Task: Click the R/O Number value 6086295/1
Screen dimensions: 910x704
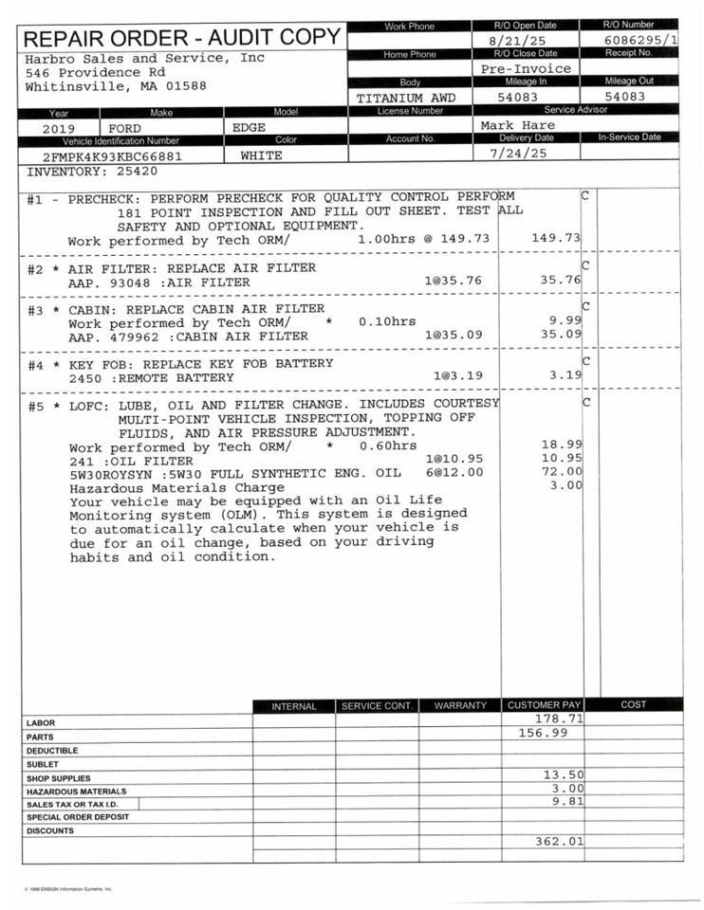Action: pos(640,41)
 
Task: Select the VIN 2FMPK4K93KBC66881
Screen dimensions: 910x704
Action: pos(112,155)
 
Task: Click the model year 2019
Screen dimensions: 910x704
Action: pos(59,128)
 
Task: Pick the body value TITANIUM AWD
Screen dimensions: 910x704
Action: pos(406,98)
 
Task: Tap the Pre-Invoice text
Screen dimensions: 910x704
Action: pos(526,68)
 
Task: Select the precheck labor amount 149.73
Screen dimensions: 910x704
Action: pos(556,239)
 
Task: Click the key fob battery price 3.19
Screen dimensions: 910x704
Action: pos(565,375)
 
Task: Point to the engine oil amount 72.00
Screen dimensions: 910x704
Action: pos(561,472)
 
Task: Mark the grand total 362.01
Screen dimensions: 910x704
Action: pos(558,841)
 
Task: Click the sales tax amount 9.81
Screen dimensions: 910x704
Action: pos(565,801)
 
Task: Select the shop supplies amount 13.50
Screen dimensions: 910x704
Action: pos(562,774)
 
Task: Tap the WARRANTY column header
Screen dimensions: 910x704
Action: pos(460,706)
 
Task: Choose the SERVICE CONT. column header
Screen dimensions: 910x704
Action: pos(376,706)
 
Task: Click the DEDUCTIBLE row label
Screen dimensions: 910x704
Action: pos(52,750)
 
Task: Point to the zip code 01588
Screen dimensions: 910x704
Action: pos(187,86)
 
